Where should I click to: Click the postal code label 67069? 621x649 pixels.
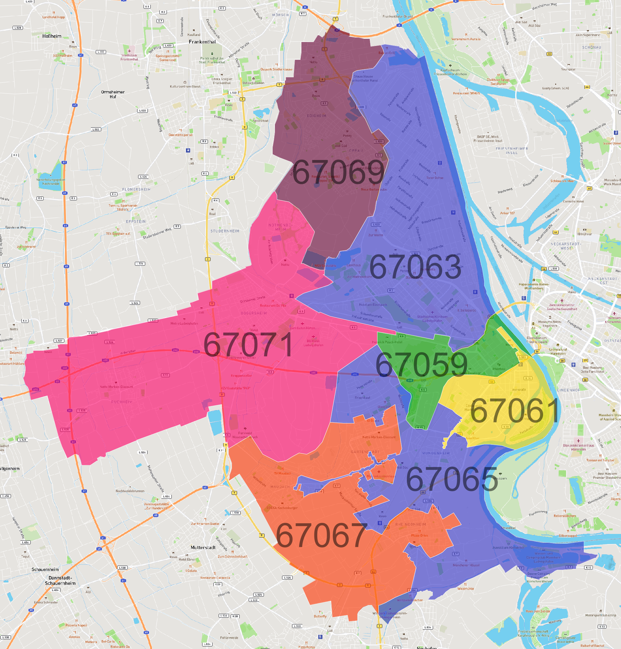[x=338, y=172]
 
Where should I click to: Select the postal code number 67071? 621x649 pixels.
[x=248, y=345]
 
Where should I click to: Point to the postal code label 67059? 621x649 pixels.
[x=421, y=364]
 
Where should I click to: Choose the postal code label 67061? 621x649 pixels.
[x=515, y=410]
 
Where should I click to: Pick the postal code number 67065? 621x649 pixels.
[x=452, y=479]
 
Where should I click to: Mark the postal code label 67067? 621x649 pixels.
[x=321, y=536]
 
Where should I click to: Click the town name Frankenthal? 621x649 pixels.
[x=202, y=42]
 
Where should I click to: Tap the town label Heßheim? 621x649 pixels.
[x=52, y=36]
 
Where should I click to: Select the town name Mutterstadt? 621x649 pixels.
[x=203, y=548]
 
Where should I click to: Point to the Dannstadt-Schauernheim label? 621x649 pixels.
[x=60, y=580]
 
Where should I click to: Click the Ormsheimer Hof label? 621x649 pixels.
[x=113, y=94]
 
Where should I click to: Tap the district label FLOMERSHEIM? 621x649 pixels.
[x=136, y=189]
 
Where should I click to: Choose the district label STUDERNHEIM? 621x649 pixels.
[x=225, y=231]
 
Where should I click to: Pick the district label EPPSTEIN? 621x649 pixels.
[x=136, y=221]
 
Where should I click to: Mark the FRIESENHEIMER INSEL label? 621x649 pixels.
[x=511, y=151]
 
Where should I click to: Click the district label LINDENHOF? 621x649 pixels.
[x=569, y=390]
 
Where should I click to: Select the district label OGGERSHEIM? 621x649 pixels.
[x=254, y=313]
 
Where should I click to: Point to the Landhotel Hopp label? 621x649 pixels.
[x=54, y=17]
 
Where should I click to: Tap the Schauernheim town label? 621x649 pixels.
[x=45, y=569]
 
